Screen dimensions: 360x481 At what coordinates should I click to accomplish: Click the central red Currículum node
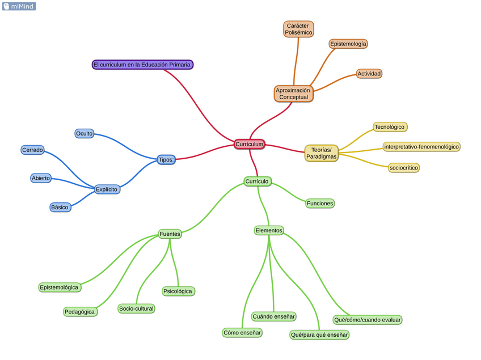(250, 144)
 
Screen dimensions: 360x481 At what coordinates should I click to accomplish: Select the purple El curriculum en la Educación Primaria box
(142, 65)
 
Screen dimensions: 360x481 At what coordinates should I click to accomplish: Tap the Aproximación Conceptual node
(293, 94)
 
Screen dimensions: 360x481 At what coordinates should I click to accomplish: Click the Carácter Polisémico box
(298, 29)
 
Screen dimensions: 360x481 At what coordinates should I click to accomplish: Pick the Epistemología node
(348, 44)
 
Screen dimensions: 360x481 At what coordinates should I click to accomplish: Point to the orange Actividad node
(369, 74)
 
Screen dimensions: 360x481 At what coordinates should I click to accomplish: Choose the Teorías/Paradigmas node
(321, 153)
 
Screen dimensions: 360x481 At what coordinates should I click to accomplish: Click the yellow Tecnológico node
(390, 127)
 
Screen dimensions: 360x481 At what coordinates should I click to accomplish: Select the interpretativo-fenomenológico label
(421, 147)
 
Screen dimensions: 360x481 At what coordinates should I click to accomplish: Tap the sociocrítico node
(404, 168)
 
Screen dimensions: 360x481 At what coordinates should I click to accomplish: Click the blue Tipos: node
(166, 159)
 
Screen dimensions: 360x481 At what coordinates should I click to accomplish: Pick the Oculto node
(84, 133)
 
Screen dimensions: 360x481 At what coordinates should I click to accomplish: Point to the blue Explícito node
(107, 189)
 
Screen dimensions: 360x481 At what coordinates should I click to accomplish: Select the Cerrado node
(32, 150)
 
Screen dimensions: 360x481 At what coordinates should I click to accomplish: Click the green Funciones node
(320, 203)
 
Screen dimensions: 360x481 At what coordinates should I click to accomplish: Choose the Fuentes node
(170, 234)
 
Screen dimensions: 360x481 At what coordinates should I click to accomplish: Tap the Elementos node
(268, 230)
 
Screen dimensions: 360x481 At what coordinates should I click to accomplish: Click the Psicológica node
(178, 291)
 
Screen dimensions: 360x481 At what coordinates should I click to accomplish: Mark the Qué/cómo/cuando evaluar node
(368, 320)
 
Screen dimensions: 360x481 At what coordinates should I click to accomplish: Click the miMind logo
(19, 6)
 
